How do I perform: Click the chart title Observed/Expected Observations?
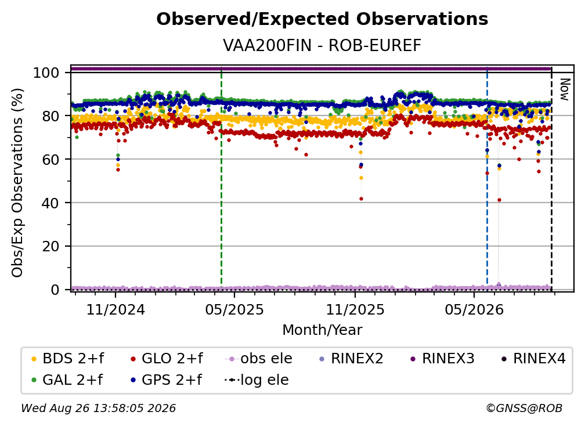click(322, 19)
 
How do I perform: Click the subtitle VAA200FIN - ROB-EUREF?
click(322, 45)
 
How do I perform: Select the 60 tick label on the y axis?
click(50, 160)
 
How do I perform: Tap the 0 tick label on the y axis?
click(55, 290)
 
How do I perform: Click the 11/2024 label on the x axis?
click(115, 309)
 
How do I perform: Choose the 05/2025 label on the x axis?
click(234, 309)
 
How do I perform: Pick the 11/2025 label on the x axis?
click(355, 309)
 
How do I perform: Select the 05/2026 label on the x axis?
click(474, 309)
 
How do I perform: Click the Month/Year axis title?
click(322, 330)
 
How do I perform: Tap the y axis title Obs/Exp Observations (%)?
click(17, 183)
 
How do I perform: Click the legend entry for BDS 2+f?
click(67, 359)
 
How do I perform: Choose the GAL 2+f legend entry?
click(67, 380)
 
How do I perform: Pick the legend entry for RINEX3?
click(442, 359)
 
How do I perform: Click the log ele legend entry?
click(257, 380)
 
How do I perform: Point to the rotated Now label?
click(565, 89)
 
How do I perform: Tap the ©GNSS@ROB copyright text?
click(524, 408)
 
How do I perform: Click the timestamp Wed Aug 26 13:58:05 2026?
click(98, 408)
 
